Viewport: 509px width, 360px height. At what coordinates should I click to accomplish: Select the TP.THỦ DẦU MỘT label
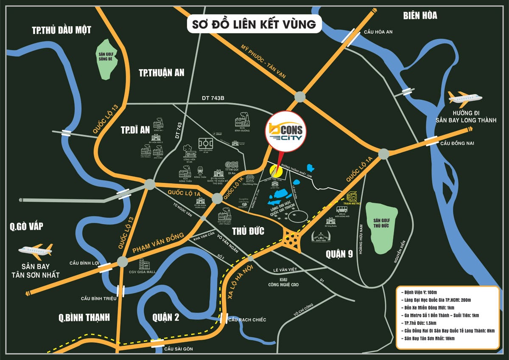tap(62, 30)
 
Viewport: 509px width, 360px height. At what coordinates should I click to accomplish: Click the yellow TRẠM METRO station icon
tap(352, 197)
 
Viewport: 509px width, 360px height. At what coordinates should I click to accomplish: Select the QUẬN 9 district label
tap(339, 254)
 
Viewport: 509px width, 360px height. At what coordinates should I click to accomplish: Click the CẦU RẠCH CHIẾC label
tap(247, 319)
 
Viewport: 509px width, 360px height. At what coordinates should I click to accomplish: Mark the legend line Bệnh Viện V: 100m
tap(420, 292)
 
